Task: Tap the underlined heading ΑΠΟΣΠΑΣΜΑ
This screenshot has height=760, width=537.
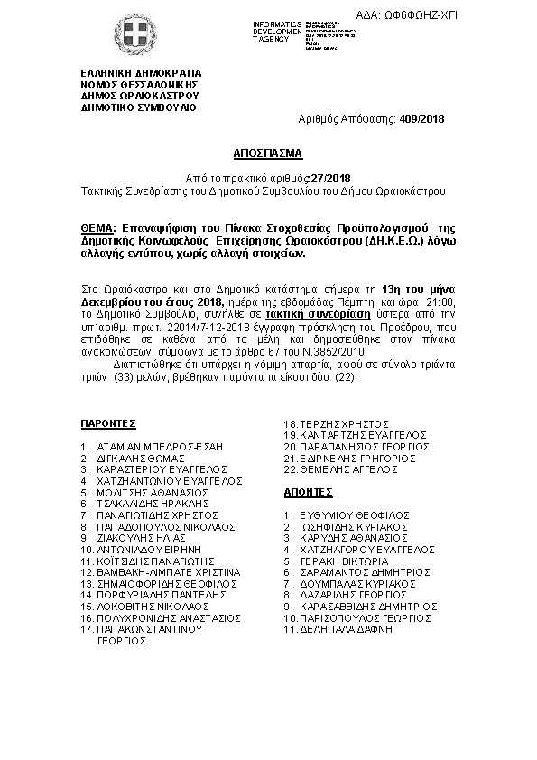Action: coord(267,153)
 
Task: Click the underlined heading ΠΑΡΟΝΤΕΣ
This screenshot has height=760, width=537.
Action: coord(106,422)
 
